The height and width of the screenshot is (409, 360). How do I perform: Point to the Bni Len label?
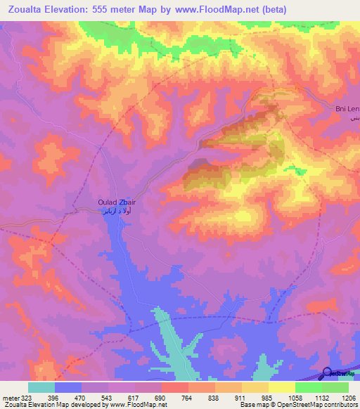tap(347, 108)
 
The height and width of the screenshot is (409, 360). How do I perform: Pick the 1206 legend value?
tap(348, 397)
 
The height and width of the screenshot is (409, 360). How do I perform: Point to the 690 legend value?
tap(162, 397)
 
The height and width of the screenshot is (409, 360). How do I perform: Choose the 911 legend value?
tap(242, 397)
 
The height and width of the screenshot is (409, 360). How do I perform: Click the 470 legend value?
tap(82, 397)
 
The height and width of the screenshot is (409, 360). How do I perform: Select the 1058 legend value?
tap(295, 397)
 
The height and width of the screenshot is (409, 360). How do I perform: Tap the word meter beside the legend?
tap(10, 397)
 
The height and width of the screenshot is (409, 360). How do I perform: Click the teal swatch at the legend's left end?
tap(41, 387)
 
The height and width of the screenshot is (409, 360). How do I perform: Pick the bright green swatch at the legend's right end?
tap(335, 387)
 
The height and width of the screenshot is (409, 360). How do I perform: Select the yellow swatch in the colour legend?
tap(255, 387)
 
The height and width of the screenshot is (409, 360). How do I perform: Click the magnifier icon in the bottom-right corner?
tap(327, 374)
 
